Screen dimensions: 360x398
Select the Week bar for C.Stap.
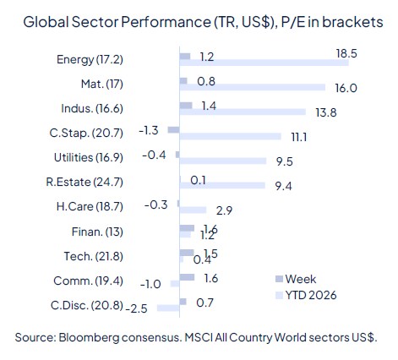click(174, 129)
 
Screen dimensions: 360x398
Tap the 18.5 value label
click(345, 53)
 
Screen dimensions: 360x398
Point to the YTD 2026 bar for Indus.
click(243, 111)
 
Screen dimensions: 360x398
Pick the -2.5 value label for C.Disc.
click(135, 308)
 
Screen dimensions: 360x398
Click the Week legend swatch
click(279, 278)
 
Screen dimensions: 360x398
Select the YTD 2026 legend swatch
click(279, 295)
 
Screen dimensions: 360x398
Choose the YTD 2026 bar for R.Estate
click(223, 184)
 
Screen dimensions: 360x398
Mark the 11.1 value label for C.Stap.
click(298, 135)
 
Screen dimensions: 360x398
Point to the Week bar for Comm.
click(188, 276)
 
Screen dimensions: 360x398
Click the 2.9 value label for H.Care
click(224, 209)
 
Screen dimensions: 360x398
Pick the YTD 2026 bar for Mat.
click(253, 86)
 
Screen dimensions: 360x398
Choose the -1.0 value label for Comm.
click(150, 284)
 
